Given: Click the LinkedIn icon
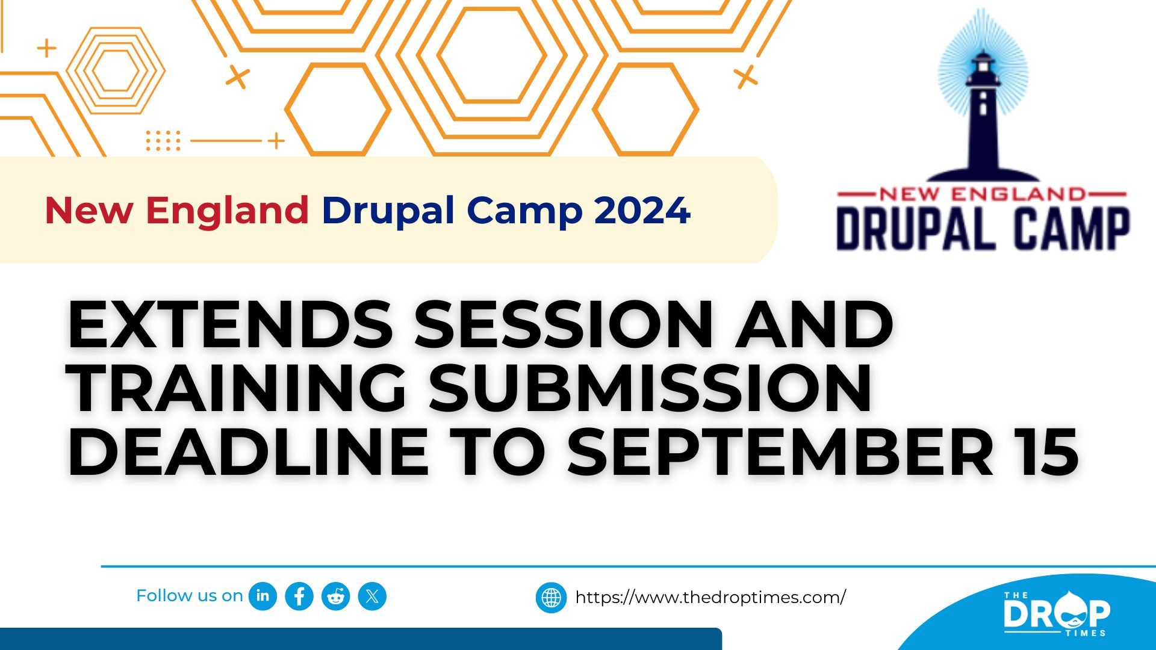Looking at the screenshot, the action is click(263, 596).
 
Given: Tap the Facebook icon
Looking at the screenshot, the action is click(299, 596).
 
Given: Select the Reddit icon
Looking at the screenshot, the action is click(336, 596).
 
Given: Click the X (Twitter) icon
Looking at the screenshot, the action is click(372, 596).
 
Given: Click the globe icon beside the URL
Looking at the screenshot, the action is click(551, 598).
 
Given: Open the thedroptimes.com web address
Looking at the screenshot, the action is click(710, 598).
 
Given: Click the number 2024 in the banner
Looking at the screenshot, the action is click(642, 211).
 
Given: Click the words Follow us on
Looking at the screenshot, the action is click(189, 596).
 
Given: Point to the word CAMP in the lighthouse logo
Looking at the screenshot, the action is click(1072, 229).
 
